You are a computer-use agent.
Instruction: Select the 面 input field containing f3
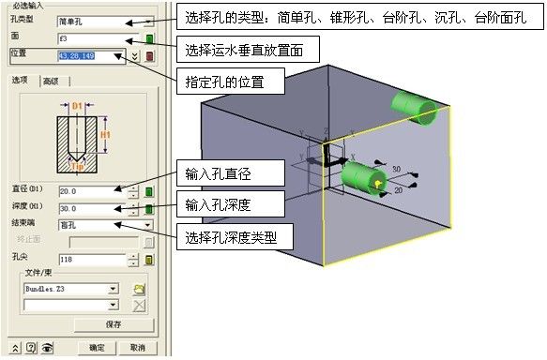[x=94, y=39]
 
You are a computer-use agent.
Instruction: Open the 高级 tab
[x=50, y=82]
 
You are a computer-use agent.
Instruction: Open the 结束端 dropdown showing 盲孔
[x=103, y=225]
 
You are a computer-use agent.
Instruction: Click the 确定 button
[x=96, y=348]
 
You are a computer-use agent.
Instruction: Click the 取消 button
[x=137, y=348]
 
